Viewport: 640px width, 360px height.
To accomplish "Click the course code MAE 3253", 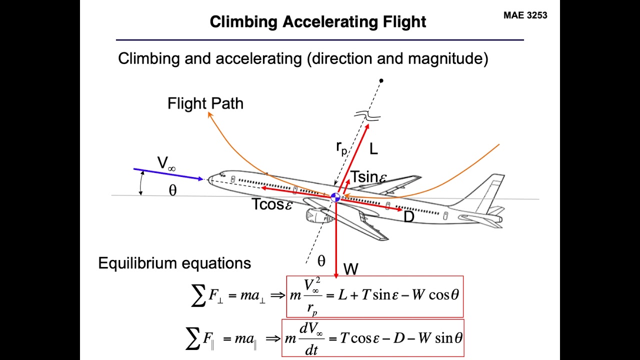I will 525,15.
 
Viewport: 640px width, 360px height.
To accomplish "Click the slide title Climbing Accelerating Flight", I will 318,22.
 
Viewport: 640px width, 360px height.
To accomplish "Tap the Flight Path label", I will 205,103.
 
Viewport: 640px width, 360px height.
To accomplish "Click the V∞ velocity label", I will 166,163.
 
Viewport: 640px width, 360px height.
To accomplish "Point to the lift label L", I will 373,148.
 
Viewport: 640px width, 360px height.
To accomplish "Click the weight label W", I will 350,269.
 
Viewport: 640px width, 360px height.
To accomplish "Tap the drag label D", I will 408,217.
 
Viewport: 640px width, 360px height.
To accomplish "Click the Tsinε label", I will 369,177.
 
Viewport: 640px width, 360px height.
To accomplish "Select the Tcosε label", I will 272,204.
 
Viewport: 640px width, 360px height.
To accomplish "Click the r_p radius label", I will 341,147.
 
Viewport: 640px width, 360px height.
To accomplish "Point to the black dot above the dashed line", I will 381,80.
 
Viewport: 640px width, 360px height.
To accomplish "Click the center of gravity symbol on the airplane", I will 335,197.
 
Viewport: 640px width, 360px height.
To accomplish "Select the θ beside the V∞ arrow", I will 172,190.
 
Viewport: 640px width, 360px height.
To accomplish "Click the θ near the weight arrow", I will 321,260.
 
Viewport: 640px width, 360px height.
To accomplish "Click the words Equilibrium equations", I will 174,263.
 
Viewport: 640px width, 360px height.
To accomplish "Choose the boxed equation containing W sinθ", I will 372,338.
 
